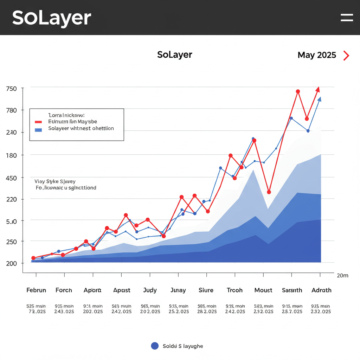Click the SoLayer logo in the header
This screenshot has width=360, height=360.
(x=52, y=18)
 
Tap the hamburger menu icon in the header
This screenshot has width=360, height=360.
(x=347, y=18)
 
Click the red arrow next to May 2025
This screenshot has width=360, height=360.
(x=346, y=56)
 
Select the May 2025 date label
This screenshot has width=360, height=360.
(x=317, y=55)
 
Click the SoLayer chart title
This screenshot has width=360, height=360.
(x=175, y=55)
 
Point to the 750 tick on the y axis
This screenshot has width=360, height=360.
(x=12, y=89)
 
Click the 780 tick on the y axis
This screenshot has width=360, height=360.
(x=12, y=110)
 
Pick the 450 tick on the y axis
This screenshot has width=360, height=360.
(x=12, y=178)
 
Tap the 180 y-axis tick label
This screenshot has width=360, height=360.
(x=12, y=155)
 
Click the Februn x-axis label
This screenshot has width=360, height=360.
(x=36, y=290)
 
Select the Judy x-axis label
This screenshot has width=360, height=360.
(x=150, y=290)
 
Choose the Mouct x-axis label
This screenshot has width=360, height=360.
(x=263, y=290)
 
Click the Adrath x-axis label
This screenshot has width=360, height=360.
(x=321, y=290)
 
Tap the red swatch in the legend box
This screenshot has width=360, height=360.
(x=38, y=122)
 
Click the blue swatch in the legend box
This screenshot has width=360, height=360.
(x=38, y=129)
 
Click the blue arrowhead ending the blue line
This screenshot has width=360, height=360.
(x=319, y=99)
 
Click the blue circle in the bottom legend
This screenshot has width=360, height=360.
(x=155, y=346)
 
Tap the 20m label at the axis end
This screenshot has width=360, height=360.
(x=342, y=276)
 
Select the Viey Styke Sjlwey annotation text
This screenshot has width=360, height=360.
(x=55, y=182)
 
